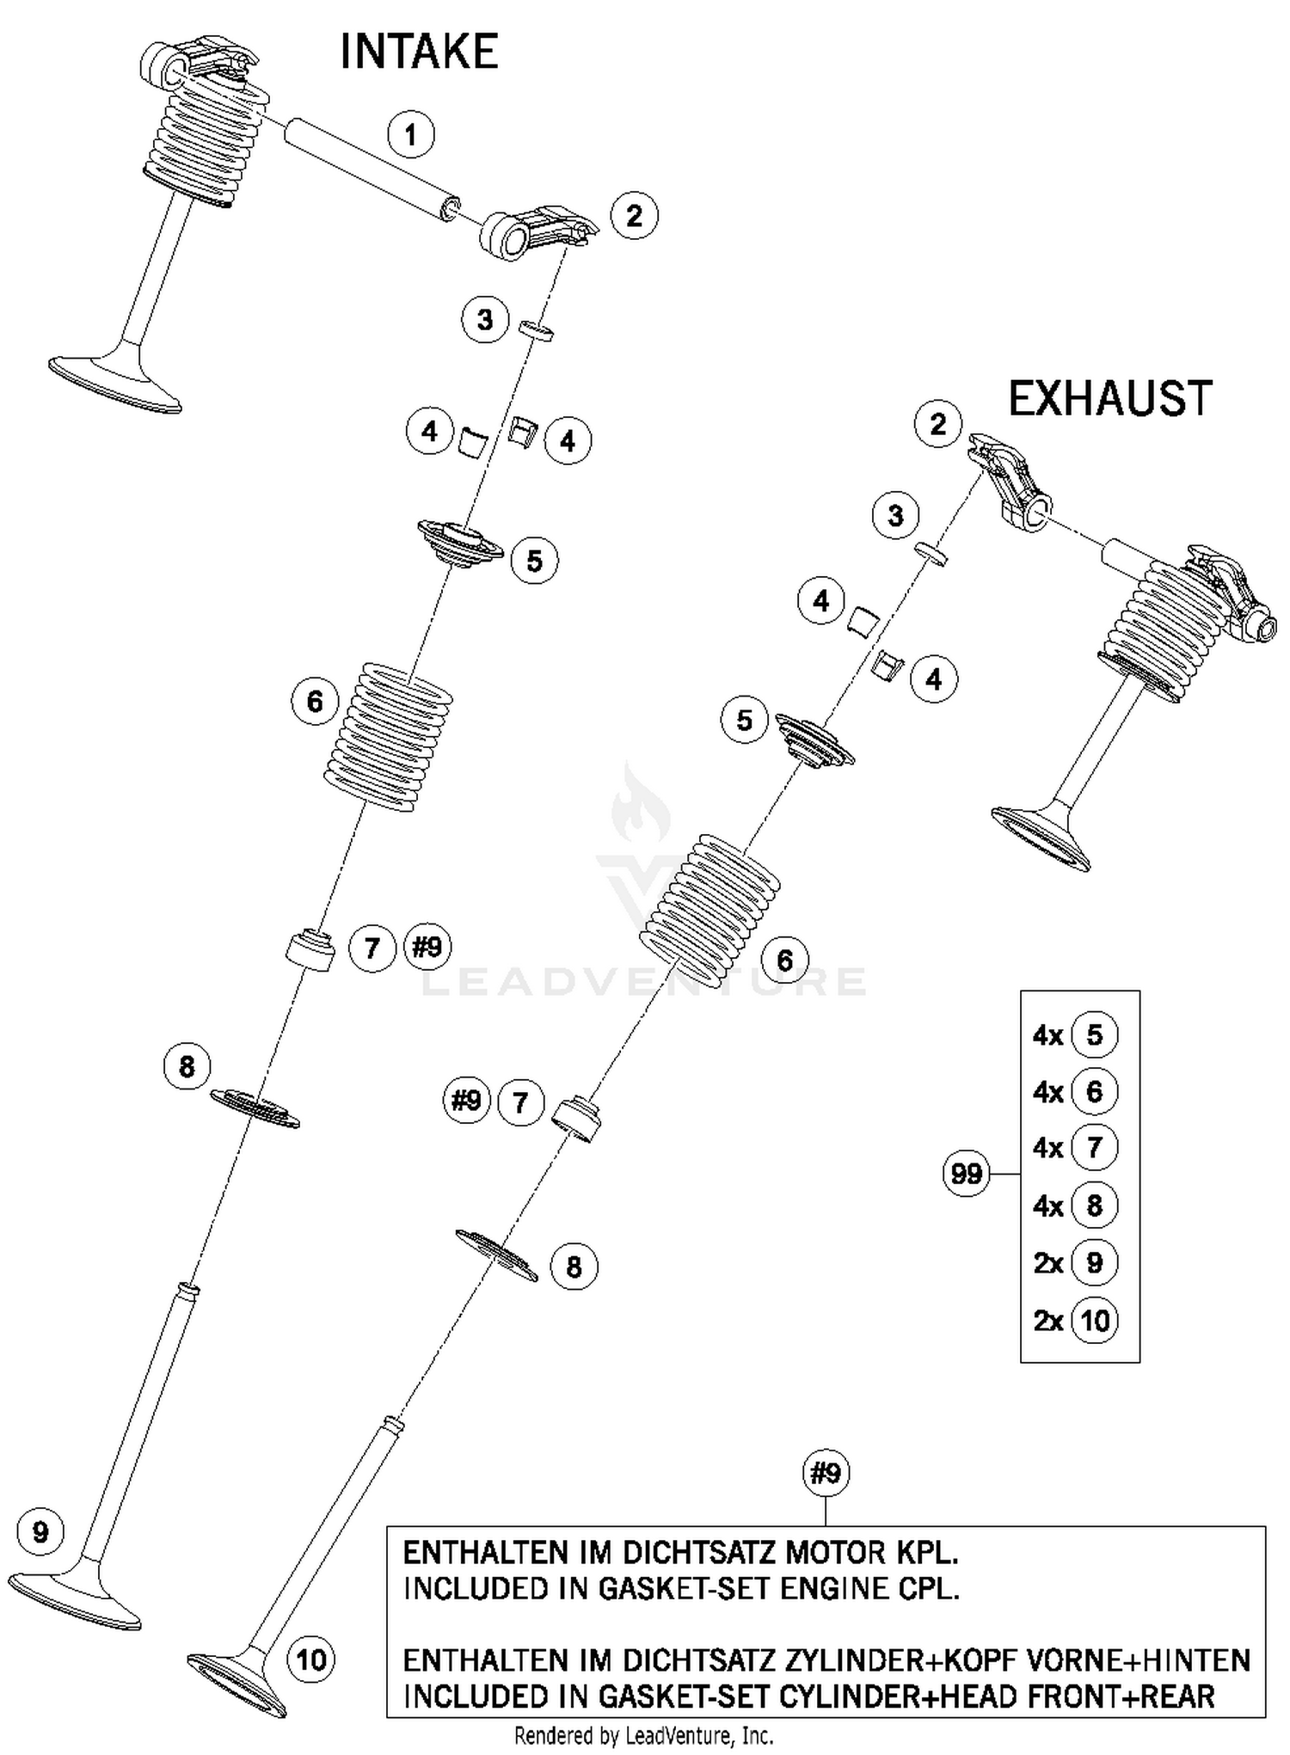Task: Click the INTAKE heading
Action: (x=419, y=52)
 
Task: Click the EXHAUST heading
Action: (x=1109, y=399)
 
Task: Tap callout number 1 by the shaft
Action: (x=410, y=135)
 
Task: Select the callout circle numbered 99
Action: (x=967, y=1174)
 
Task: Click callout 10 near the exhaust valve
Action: (x=310, y=1659)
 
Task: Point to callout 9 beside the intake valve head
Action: (x=40, y=1532)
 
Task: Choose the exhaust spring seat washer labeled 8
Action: (x=496, y=1255)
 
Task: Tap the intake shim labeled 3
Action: (x=536, y=330)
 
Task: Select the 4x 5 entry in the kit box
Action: (x=1076, y=1034)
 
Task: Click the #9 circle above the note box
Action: (x=826, y=1474)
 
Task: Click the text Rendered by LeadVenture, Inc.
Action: (x=643, y=1736)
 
